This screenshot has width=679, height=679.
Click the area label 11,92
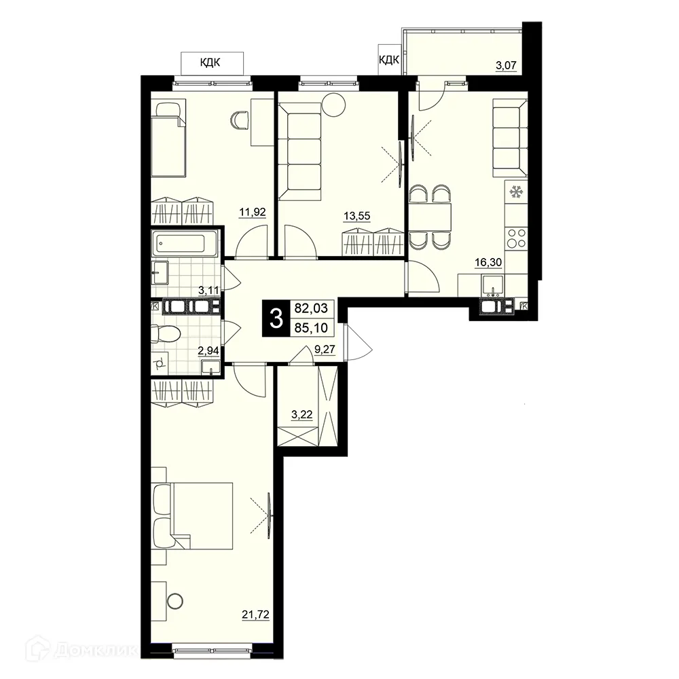tap(251, 211)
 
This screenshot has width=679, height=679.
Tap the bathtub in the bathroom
tap(185, 244)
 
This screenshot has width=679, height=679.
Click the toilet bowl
tap(166, 334)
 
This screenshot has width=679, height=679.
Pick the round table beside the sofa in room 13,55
tap(333, 105)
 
